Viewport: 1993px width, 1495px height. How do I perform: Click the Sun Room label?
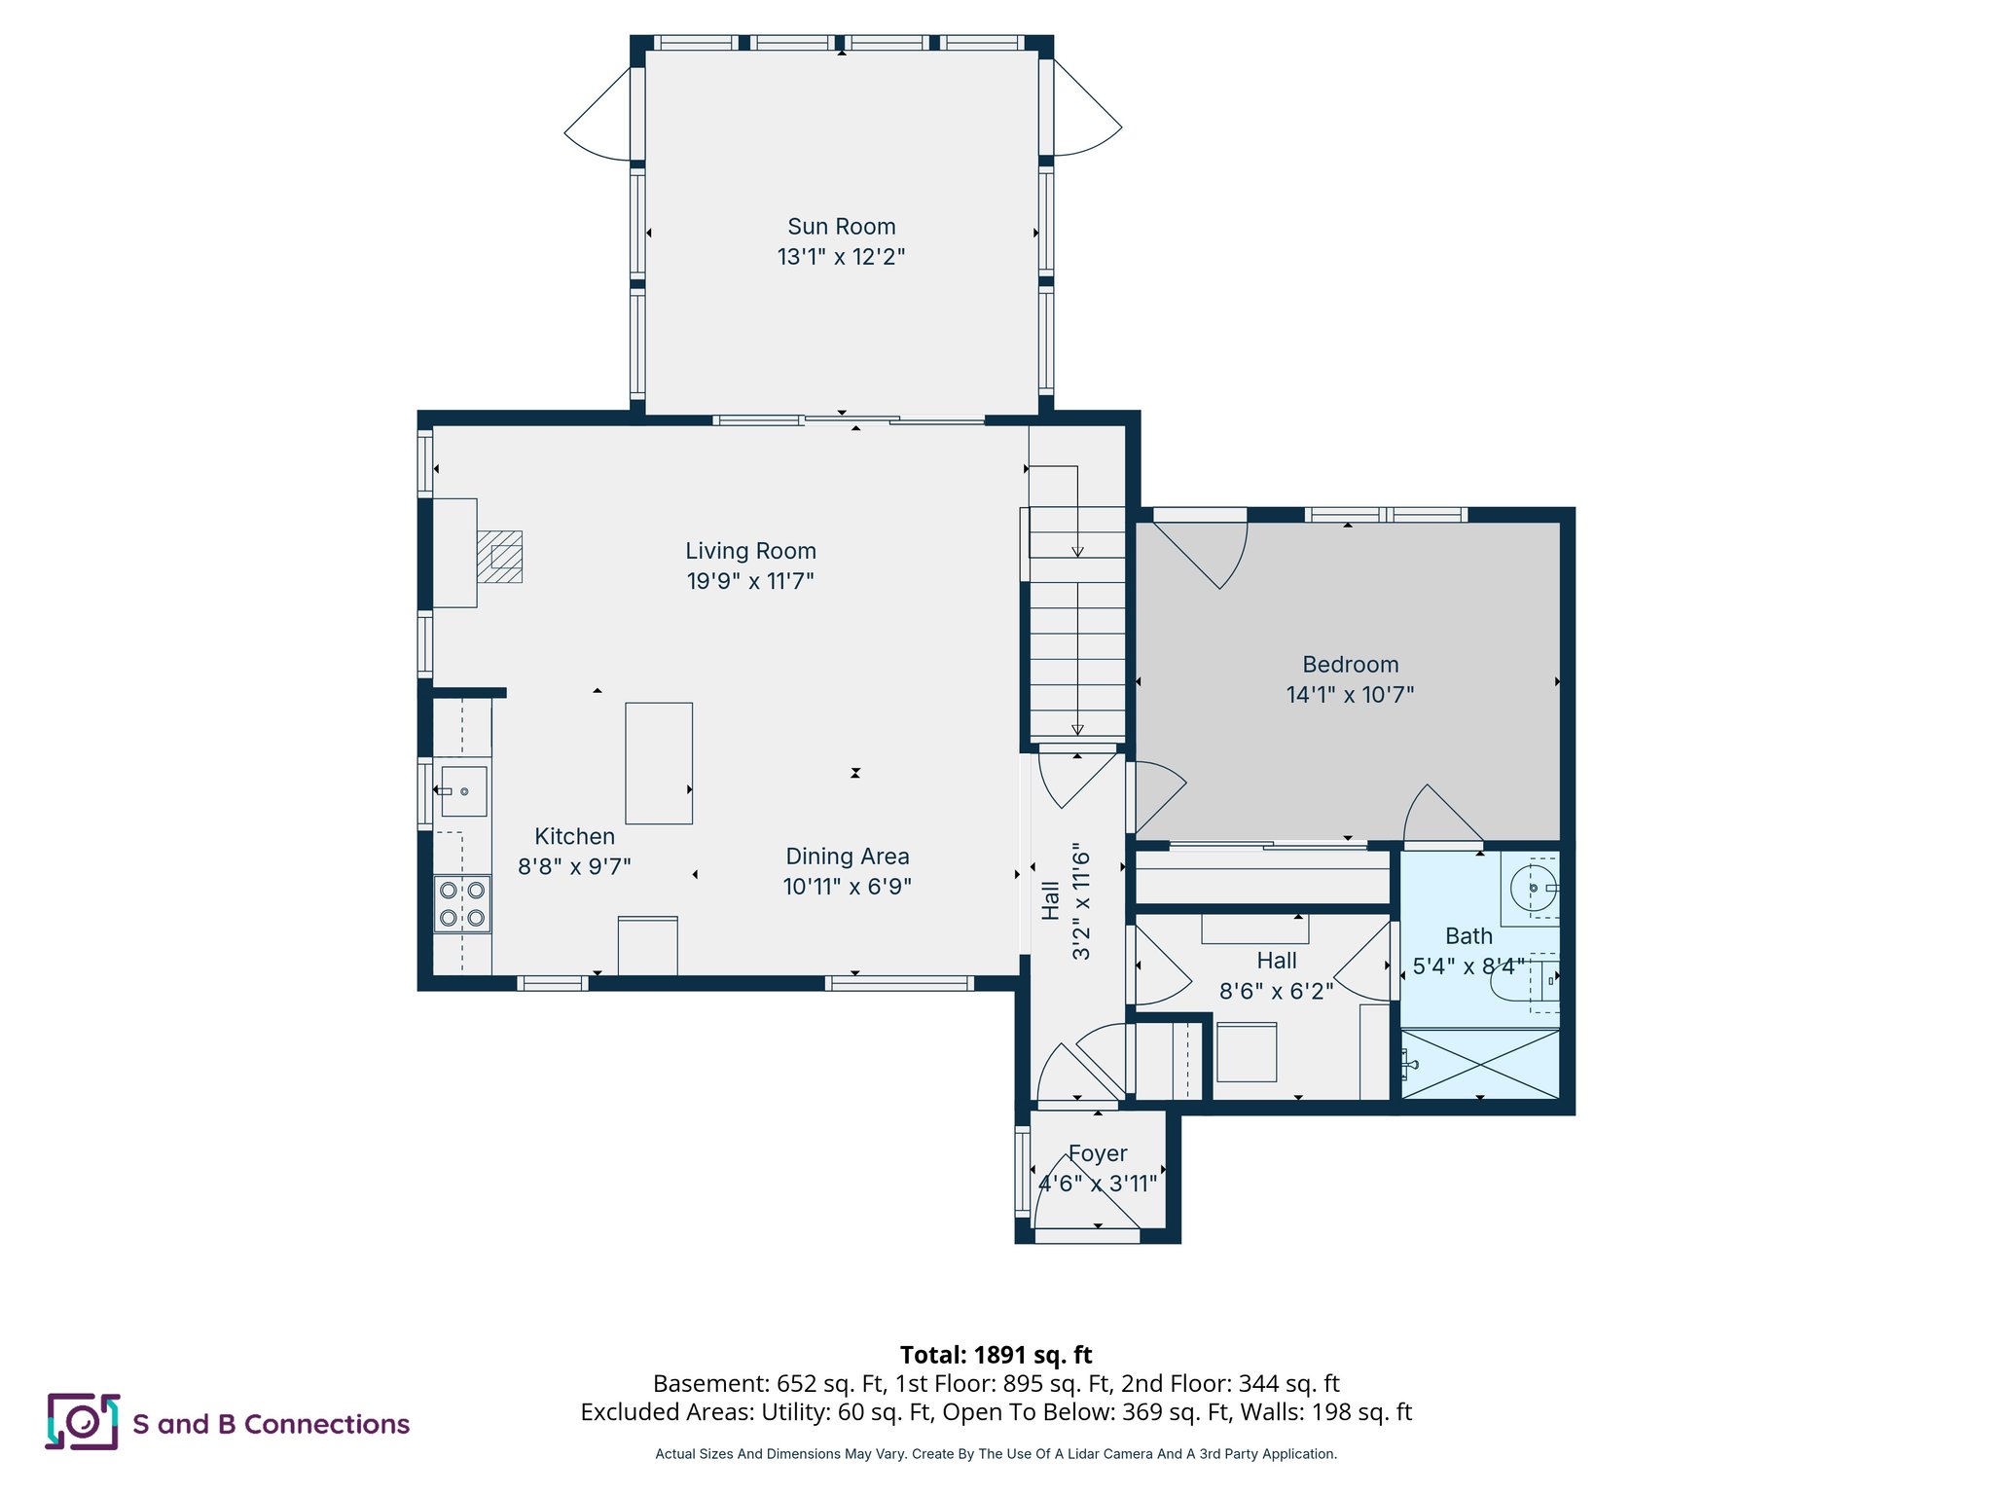click(x=841, y=227)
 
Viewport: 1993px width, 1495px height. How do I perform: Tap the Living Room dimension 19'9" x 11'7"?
click(x=749, y=581)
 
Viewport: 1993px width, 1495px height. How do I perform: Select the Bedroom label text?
click(x=1350, y=665)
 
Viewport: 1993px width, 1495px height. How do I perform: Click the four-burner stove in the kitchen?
click(x=462, y=903)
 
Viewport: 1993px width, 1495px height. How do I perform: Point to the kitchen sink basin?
click(x=464, y=791)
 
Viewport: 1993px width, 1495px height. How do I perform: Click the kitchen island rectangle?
click(x=659, y=763)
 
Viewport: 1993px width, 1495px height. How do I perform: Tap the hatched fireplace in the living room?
click(x=500, y=557)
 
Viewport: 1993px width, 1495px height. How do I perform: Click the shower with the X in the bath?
click(x=1480, y=1064)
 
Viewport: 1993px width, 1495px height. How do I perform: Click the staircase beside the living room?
click(x=1077, y=623)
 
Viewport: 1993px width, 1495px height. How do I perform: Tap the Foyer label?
click(x=1098, y=1153)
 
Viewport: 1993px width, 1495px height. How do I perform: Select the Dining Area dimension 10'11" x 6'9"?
click(x=847, y=887)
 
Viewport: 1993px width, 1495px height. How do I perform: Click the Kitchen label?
click(x=574, y=837)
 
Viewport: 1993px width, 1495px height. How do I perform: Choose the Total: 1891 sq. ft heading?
click(x=996, y=1355)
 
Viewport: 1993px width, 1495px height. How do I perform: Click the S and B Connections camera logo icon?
click(x=83, y=1422)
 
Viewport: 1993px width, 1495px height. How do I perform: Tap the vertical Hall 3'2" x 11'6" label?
click(x=1067, y=901)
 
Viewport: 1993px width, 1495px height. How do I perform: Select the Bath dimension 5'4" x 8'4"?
click(x=1468, y=966)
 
